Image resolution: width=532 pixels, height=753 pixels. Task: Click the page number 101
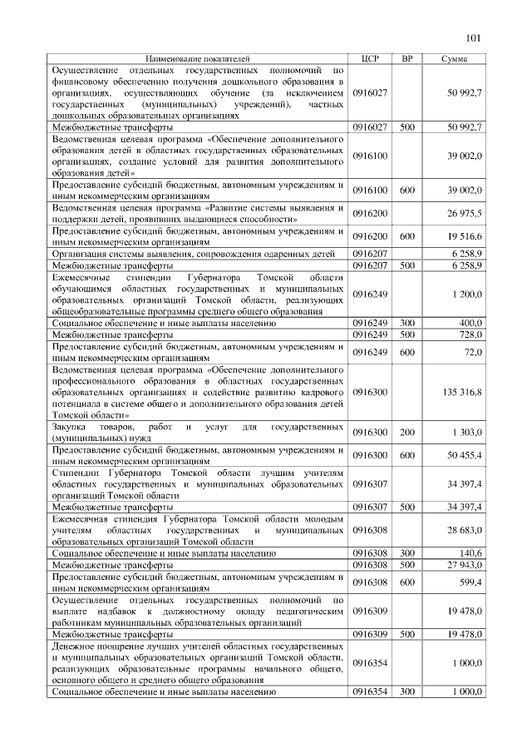click(x=475, y=37)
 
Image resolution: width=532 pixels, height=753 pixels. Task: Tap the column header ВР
click(x=406, y=60)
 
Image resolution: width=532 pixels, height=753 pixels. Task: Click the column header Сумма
click(x=454, y=60)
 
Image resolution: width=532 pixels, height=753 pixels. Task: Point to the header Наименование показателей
click(x=198, y=60)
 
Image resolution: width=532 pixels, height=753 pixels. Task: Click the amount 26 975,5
click(x=465, y=214)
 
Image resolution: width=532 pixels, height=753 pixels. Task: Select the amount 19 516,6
click(x=465, y=236)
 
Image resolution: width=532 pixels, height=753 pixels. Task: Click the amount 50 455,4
click(x=465, y=455)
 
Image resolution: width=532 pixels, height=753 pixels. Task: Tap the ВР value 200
click(x=406, y=433)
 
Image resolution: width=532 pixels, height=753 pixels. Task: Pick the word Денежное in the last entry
click(x=73, y=646)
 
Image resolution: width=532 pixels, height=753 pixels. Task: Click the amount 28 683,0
click(x=465, y=529)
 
